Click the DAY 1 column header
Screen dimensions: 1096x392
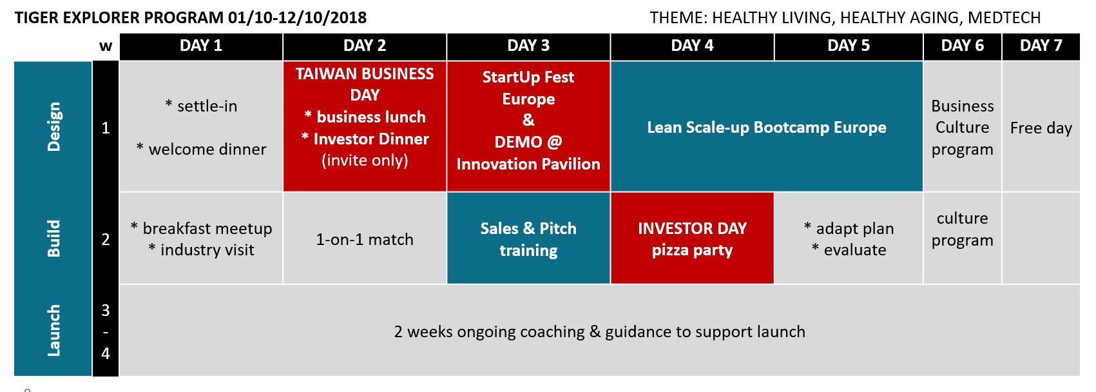pyautogui.click(x=201, y=46)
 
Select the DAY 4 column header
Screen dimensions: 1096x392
pyautogui.click(x=693, y=46)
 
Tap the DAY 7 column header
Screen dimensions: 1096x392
pyautogui.click(x=1041, y=46)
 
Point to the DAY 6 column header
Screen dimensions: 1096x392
pyautogui.click(x=963, y=46)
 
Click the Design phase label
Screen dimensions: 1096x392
pyautogui.click(x=53, y=127)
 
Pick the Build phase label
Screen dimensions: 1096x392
pyautogui.click(x=53, y=239)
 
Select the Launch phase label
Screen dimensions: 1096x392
pyautogui.click(x=53, y=330)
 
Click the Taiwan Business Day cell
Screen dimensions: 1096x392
pyautogui.click(x=365, y=126)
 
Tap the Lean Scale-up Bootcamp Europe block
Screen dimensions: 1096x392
pyautogui.click(x=767, y=126)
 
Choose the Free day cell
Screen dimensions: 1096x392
pyautogui.click(x=1041, y=128)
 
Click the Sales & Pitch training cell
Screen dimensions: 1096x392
pyautogui.click(x=528, y=239)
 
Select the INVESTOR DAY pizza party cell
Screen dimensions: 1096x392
pyautogui.click(x=693, y=239)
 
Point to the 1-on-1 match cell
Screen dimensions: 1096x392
pyautogui.click(x=365, y=239)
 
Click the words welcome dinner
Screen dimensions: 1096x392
pyautogui.click(x=207, y=150)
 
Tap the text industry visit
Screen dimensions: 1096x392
pyautogui.click(x=207, y=250)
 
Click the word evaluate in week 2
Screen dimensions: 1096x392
pyautogui.click(x=855, y=250)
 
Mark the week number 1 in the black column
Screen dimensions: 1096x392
pyautogui.click(x=105, y=128)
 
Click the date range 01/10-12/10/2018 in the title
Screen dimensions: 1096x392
pyautogui.click(x=297, y=17)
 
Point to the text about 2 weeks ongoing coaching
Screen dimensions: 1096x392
pyautogui.click(x=599, y=332)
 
